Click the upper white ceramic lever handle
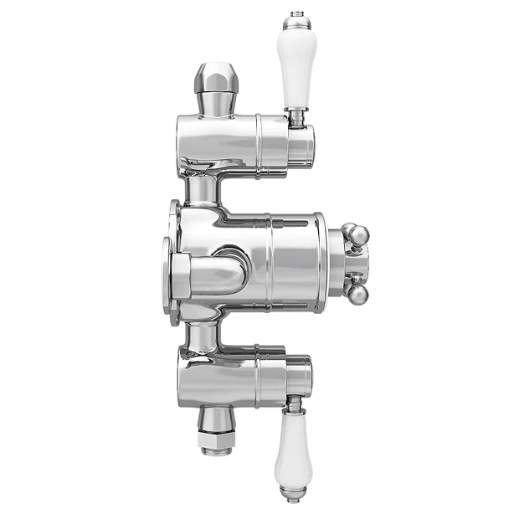click(296, 70)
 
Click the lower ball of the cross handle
click(357, 294)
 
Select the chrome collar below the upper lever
click(296, 118)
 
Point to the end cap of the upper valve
click(301, 141)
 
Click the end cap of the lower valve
click(301, 378)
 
